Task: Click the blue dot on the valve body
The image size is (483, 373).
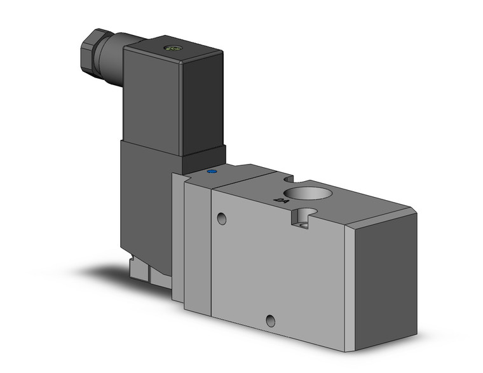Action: tap(212, 171)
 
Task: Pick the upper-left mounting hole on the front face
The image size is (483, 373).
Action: tap(221, 219)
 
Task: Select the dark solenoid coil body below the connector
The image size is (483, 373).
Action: tap(146, 203)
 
